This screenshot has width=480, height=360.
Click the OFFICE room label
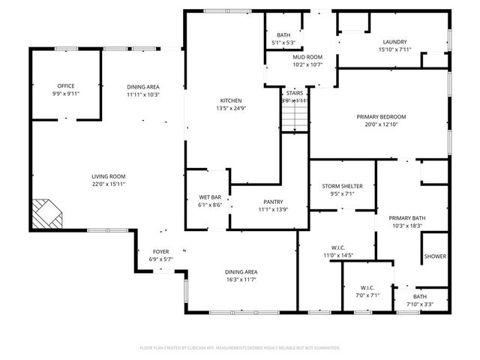pos(66,86)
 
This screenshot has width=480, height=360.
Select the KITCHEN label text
pos(230,101)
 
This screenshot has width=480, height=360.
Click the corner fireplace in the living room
pos(46,214)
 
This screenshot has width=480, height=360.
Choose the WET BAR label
pos(210,197)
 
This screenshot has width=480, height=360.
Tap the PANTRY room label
pos(272,202)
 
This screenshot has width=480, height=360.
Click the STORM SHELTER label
pos(343,186)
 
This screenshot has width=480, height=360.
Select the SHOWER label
pos(435,256)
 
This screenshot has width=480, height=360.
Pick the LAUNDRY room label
pos(394,42)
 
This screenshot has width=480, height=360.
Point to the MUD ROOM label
pos(307,57)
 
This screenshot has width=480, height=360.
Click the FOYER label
pos(161,252)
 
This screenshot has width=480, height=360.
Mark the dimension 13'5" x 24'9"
pos(230,109)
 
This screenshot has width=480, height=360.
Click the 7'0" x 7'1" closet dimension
pos(367,295)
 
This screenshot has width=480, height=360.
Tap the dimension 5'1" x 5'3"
pos(283,43)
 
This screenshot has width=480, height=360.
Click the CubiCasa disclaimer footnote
pos(240,348)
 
